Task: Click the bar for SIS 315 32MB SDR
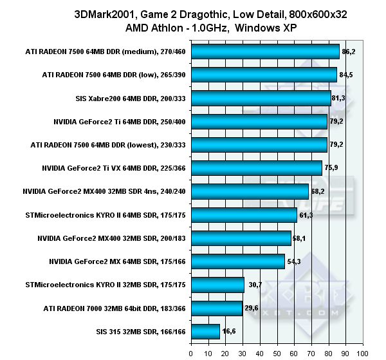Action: [205, 331]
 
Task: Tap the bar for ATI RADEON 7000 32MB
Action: [216, 308]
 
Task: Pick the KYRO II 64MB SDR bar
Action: [243, 214]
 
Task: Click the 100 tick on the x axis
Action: [363, 353]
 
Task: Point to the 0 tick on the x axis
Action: [191, 353]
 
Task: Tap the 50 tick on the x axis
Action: [277, 353]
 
